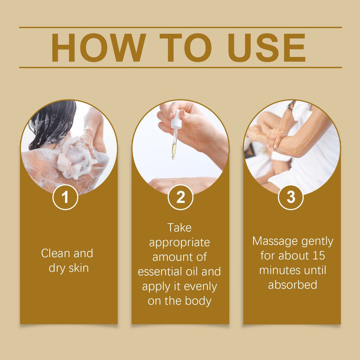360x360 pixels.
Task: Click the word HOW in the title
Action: [98, 48]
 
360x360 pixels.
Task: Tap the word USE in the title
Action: [266, 48]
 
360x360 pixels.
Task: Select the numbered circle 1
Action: [65, 197]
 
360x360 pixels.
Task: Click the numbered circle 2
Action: [180, 197]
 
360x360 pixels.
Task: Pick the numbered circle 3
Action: [291, 197]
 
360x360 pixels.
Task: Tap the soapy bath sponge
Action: [76, 157]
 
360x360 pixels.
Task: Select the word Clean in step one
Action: [56, 253]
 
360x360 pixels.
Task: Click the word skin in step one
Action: [78, 268]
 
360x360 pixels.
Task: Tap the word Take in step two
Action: [179, 228]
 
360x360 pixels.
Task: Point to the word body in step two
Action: [198, 301]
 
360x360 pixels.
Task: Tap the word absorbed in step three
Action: [292, 285]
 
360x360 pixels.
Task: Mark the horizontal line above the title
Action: [180, 27]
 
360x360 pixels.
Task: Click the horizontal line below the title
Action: [180, 67]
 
